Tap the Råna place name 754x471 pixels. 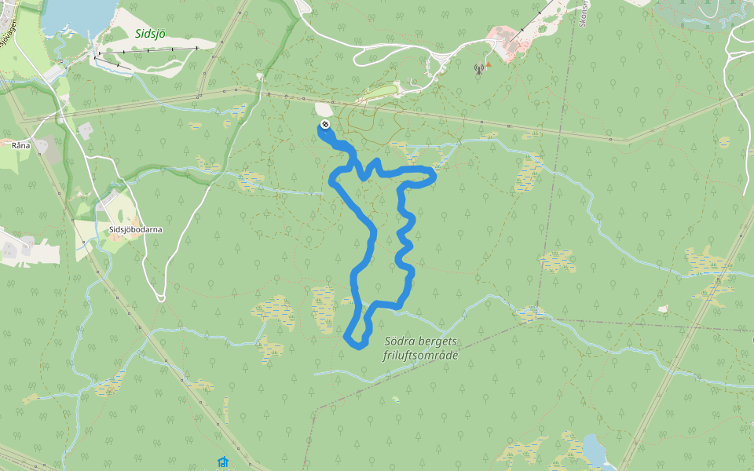pos(20,145)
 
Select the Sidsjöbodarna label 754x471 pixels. pos(136,229)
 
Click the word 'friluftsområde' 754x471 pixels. pos(420,356)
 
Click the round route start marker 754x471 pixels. pos(325,125)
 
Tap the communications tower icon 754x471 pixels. pos(478,68)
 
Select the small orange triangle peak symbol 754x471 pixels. pos(488,64)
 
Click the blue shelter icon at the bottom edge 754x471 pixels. pos(223,462)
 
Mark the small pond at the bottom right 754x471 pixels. pos(595,451)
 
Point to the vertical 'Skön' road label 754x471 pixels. pos(583,16)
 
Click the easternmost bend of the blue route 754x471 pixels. pos(434,177)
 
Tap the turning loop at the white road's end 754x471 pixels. pos(160,297)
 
